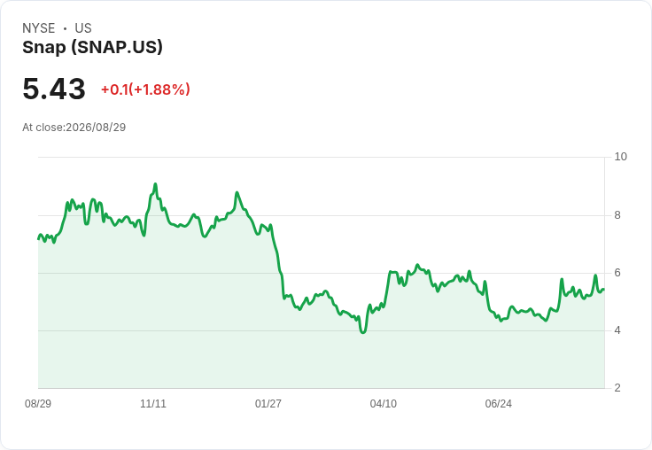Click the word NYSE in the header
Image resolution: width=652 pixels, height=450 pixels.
pos(39,28)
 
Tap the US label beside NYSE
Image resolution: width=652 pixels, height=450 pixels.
pos(83,28)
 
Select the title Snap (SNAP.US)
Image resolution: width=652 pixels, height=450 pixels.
pos(92,48)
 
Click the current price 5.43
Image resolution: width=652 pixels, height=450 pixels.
pos(54,89)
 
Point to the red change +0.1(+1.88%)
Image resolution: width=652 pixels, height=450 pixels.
pos(145,89)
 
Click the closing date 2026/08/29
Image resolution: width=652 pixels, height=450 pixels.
pos(96,128)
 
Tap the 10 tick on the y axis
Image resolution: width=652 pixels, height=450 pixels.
pos(620,157)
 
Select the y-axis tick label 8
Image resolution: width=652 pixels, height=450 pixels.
pos(617,215)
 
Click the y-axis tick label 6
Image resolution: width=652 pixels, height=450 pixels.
pos(617,273)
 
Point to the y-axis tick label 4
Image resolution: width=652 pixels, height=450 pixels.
pos(617,330)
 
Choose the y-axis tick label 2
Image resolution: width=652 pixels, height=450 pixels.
pos(617,388)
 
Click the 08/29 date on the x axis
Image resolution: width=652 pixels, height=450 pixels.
pos(38,404)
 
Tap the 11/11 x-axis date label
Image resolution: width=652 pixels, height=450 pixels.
pos(153,404)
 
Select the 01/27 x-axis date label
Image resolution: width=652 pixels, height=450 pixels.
pos(268,404)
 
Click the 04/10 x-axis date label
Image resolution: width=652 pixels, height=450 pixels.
pos(384,404)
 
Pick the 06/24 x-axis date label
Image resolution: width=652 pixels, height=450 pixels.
pos(499,404)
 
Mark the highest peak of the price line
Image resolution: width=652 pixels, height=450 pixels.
pos(155,184)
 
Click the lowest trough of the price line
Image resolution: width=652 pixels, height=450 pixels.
pos(363,332)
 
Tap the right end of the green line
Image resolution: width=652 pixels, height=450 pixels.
pos(604,289)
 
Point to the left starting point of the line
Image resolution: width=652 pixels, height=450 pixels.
pos(38,238)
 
